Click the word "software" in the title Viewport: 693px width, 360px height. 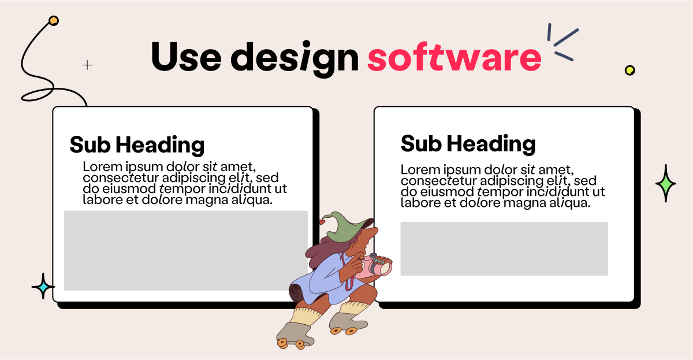tap(454, 57)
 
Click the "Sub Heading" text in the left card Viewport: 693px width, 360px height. tap(137, 144)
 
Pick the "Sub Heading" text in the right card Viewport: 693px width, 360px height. tap(468, 143)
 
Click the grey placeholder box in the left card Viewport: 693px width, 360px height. tap(185, 250)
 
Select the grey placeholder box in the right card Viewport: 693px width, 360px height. tap(504, 248)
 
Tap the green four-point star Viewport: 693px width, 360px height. tap(665, 183)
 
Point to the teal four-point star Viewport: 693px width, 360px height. tap(42, 286)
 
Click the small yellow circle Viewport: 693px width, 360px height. tap(629, 70)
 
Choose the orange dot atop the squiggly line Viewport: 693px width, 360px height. tap(54, 21)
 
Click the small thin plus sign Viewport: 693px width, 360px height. tap(88, 65)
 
